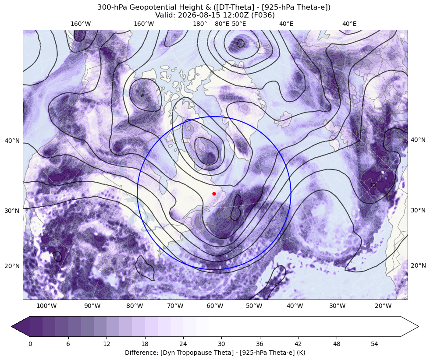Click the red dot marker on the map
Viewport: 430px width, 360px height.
tap(214, 194)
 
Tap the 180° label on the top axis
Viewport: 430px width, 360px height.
tap(200, 24)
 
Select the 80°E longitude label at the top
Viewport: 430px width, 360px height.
tap(222, 24)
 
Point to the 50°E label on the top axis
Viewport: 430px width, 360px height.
tap(239, 24)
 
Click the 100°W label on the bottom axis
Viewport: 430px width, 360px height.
tap(46, 306)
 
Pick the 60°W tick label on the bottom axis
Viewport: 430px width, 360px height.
tap(215, 306)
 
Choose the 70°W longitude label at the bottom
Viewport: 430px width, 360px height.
tap(175, 306)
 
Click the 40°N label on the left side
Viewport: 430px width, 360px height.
tap(12, 141)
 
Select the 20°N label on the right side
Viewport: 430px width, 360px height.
tap(418, 265)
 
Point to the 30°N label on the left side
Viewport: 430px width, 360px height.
tap(12, 211)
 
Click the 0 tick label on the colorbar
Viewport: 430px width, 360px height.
tap(30, 344)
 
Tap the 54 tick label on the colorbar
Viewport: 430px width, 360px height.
tap(375, 344)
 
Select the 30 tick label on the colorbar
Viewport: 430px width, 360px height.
tap(222, 344)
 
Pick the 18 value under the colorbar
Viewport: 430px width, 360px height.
tap(145, 344)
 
